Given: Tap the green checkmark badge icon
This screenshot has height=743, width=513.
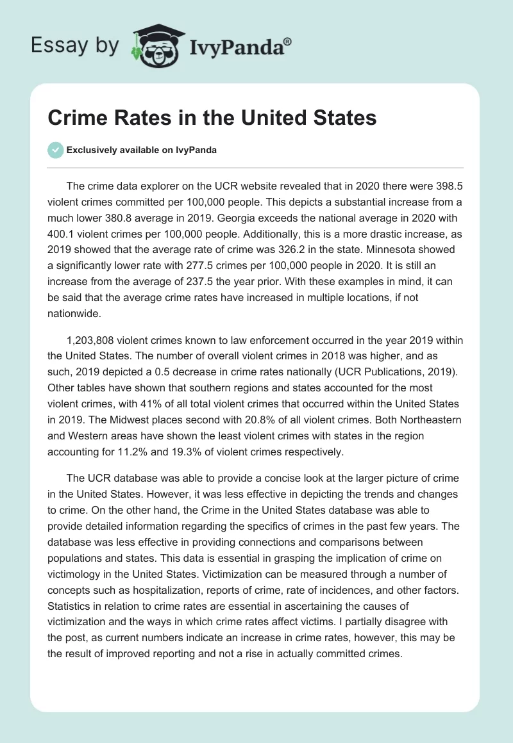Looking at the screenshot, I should [x=55, y=150].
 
